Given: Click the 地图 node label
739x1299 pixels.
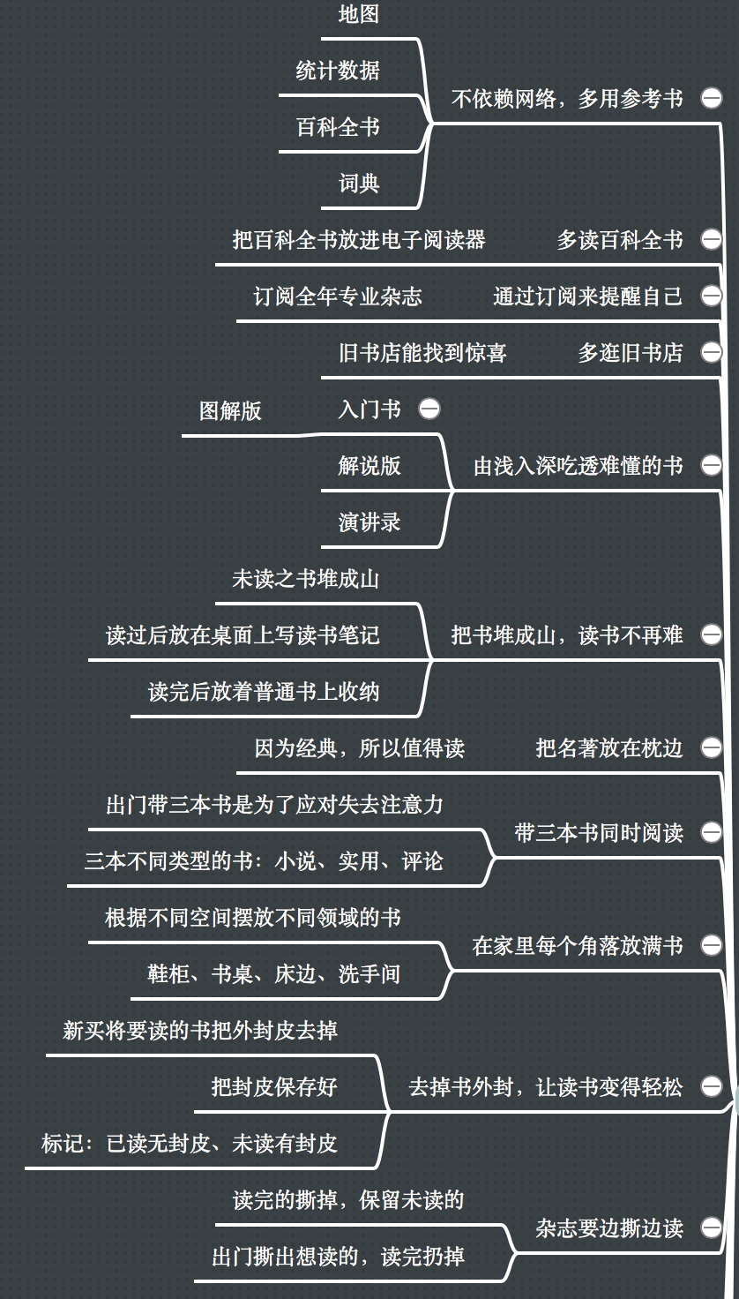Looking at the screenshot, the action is pyautogui.click(x=359, y=14).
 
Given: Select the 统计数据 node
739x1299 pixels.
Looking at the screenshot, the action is pyautogui.click(x=338, y=71).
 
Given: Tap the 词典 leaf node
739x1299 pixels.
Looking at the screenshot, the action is pyautogui.click(x=359, y=184).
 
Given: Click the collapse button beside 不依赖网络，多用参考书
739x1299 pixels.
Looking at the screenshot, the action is pyautogui.click(x=711, y=98).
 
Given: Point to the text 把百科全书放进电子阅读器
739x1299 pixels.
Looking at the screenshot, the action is pyautogui.click(x=359, y=240).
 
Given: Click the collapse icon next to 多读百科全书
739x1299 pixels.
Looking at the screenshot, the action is pyautogui.click(x=711, y=239).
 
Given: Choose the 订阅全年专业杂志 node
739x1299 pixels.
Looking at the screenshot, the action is pyautogui.click(x=338, y=297).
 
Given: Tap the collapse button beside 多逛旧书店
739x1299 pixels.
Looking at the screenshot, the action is pyautogui.click(x=711, y=352).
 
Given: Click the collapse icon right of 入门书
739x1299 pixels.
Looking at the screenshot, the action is pyautogui.click(x=429, y=409).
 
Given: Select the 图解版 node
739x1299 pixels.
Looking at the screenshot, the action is pyautogui.click(x=231, y=410).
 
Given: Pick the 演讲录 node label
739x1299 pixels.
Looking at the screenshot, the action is pyautogui.click(x=369, y=522).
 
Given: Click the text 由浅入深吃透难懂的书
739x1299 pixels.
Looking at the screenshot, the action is pyautogui.click(x=579, y=466).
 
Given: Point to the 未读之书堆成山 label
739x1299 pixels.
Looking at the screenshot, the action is pyautogui.click(x=306, y=579).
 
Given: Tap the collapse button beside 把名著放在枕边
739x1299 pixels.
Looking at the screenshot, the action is pyautogui.click(x=711, y=747).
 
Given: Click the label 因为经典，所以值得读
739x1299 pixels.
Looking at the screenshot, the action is pyautogui.click(x=359, y=748).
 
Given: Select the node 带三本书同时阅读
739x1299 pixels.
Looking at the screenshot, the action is pyautogui.click(x=600, y=833).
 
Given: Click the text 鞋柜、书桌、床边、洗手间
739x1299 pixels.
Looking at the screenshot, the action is pyautogui.click(x=274, y=973).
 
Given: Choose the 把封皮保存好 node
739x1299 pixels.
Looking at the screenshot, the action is pyautogui.click(x=274, y=1086).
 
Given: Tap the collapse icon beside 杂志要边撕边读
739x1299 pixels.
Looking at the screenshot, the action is pyautogui.click(x=711, y=1228).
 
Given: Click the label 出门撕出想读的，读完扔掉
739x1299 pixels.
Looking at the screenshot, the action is pyautogui.click(x=338, y=1257).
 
